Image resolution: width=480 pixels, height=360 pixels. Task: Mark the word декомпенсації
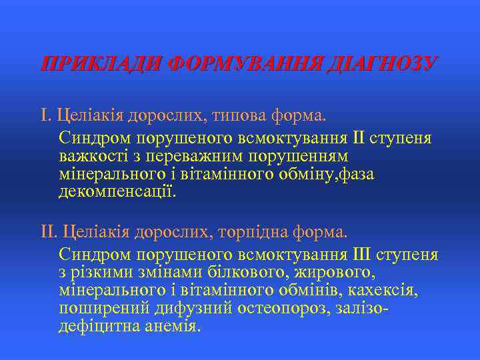(x=118, y=193)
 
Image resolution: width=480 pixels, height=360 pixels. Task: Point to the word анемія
(x=169, y=327)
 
